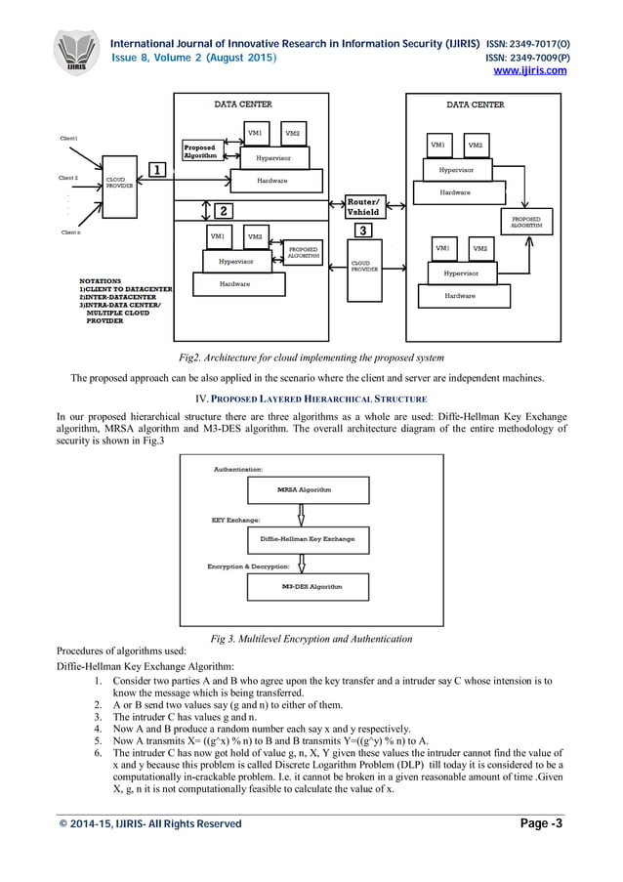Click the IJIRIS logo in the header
click(75, 51)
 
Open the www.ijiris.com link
click(530, 70)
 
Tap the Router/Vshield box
click(362, 207)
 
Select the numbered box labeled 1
click(154, 170)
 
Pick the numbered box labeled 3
click(362, 231)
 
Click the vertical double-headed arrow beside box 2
click(204, 210)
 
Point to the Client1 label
click(69, 138)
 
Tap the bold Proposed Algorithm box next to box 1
click(200, 152)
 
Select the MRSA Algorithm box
click(304, 488)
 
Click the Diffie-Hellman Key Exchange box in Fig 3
click(308, 539)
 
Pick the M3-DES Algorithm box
click(311, 587)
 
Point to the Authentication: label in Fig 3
click(238, 470)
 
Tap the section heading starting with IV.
click(311, 399)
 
